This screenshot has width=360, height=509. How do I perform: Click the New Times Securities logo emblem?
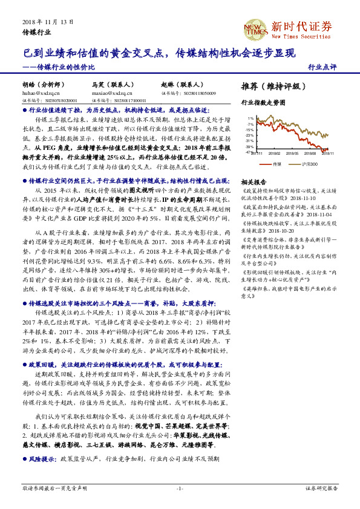(254, 28)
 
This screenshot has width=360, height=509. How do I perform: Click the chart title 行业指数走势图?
(263, 103)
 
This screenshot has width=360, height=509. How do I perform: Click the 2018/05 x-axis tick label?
(293, 154)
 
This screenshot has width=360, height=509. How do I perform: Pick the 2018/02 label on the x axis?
(275, 154)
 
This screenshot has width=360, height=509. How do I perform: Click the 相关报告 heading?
(254, 181)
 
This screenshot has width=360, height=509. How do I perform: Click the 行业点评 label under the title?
(322, 67)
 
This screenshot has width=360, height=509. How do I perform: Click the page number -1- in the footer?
(180, 488)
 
